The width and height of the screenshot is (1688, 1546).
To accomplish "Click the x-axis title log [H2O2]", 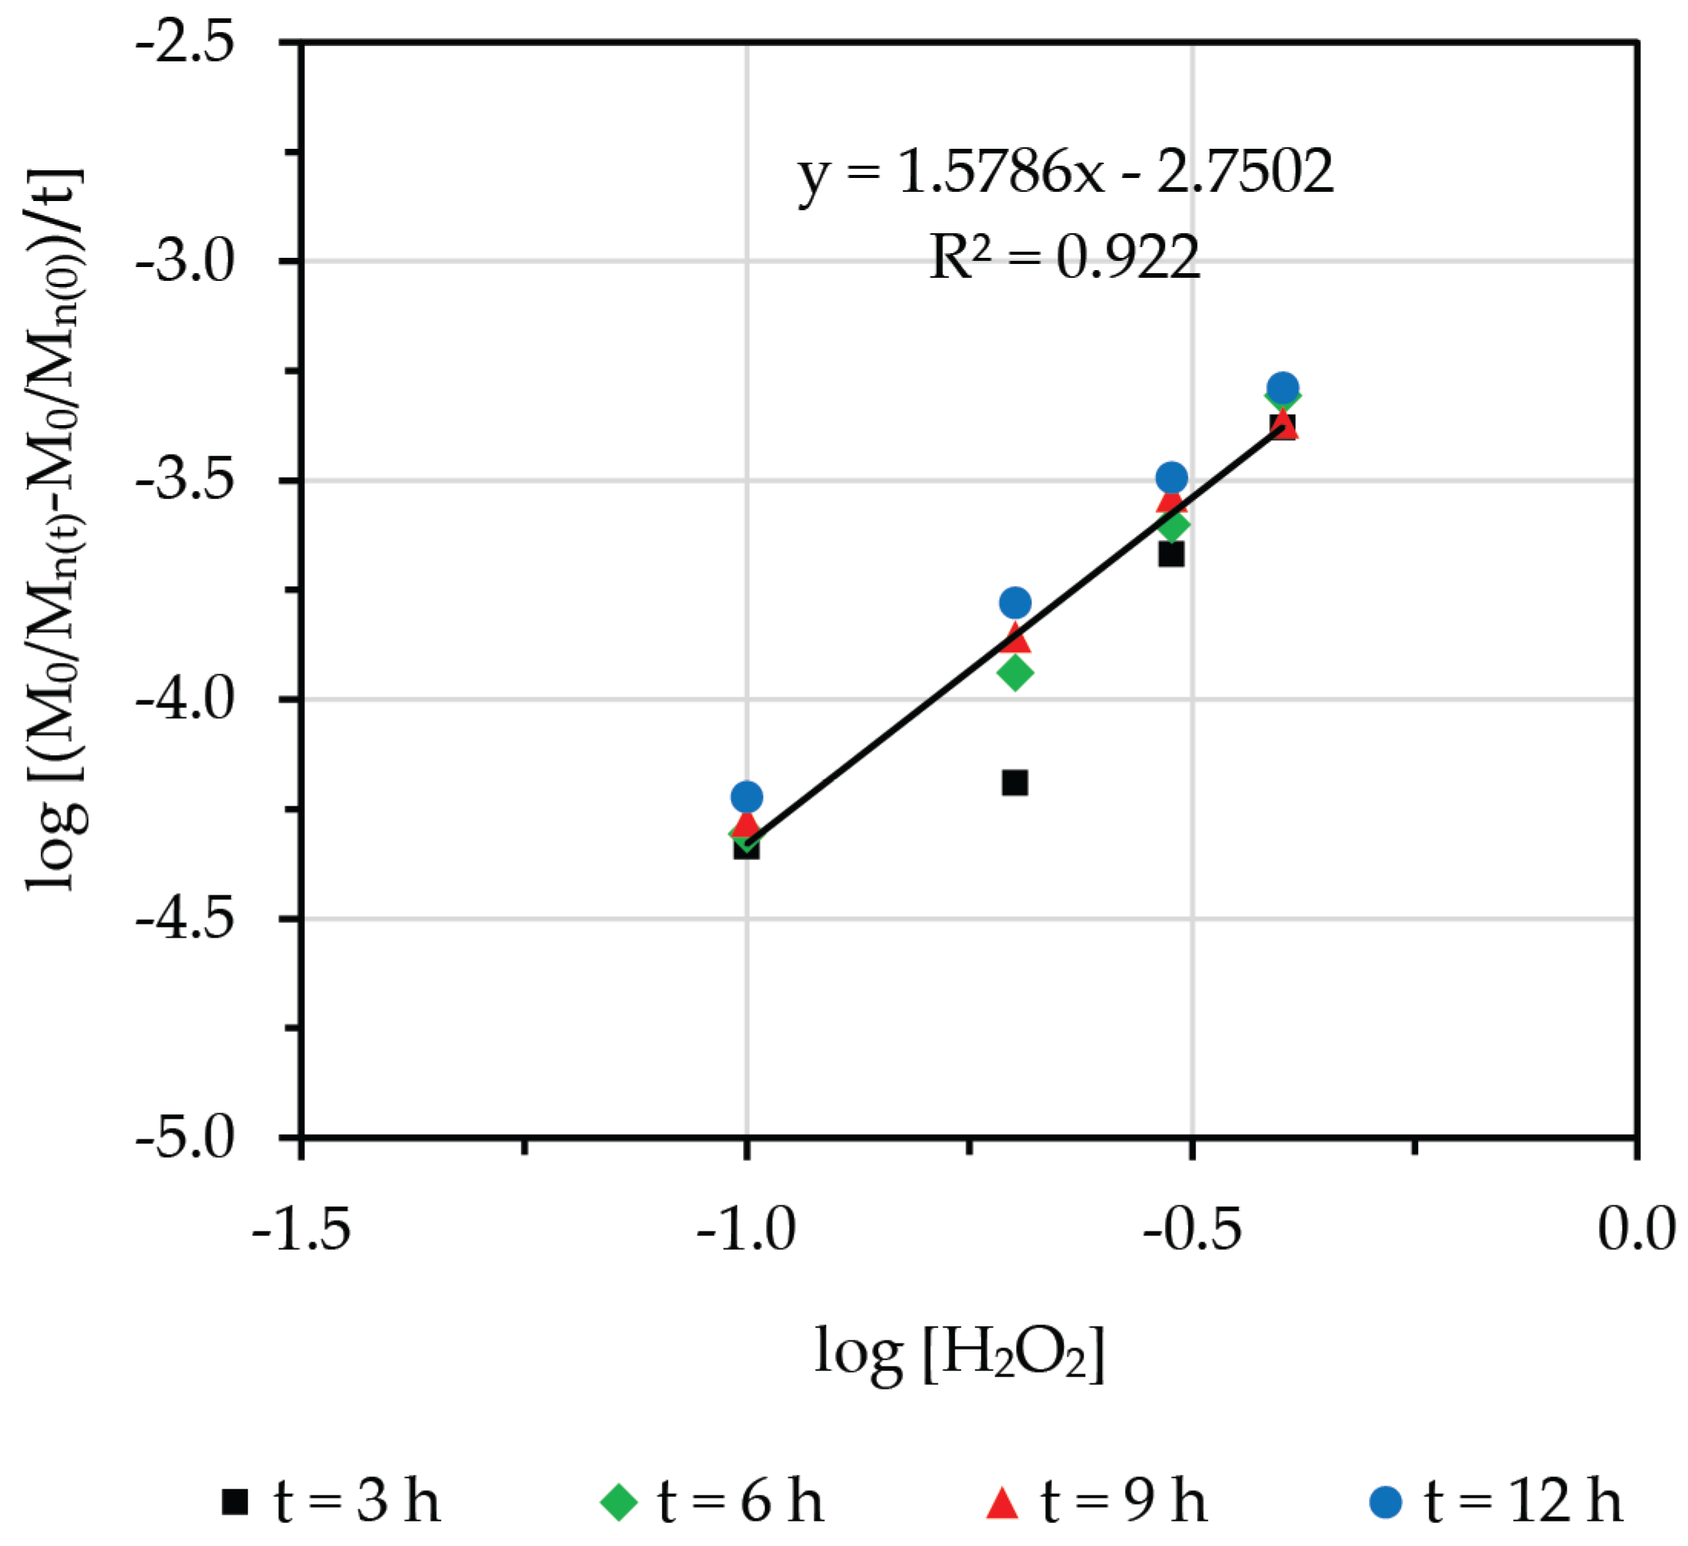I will tap(959, 1353).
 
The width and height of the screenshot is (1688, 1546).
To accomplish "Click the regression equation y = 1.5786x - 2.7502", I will tap(1065, 172).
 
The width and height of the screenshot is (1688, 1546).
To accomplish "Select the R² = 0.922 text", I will tap(1065, 257).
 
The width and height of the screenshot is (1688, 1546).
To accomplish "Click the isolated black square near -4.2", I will tap(1015, 783).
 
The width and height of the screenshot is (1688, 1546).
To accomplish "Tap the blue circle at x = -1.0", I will tap(747, 796).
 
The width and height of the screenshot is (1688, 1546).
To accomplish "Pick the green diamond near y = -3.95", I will tap(1015, 673).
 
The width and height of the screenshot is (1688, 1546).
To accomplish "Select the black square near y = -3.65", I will tap(1171, 554).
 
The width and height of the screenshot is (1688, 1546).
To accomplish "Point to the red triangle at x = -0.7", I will tap(1015, 638).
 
